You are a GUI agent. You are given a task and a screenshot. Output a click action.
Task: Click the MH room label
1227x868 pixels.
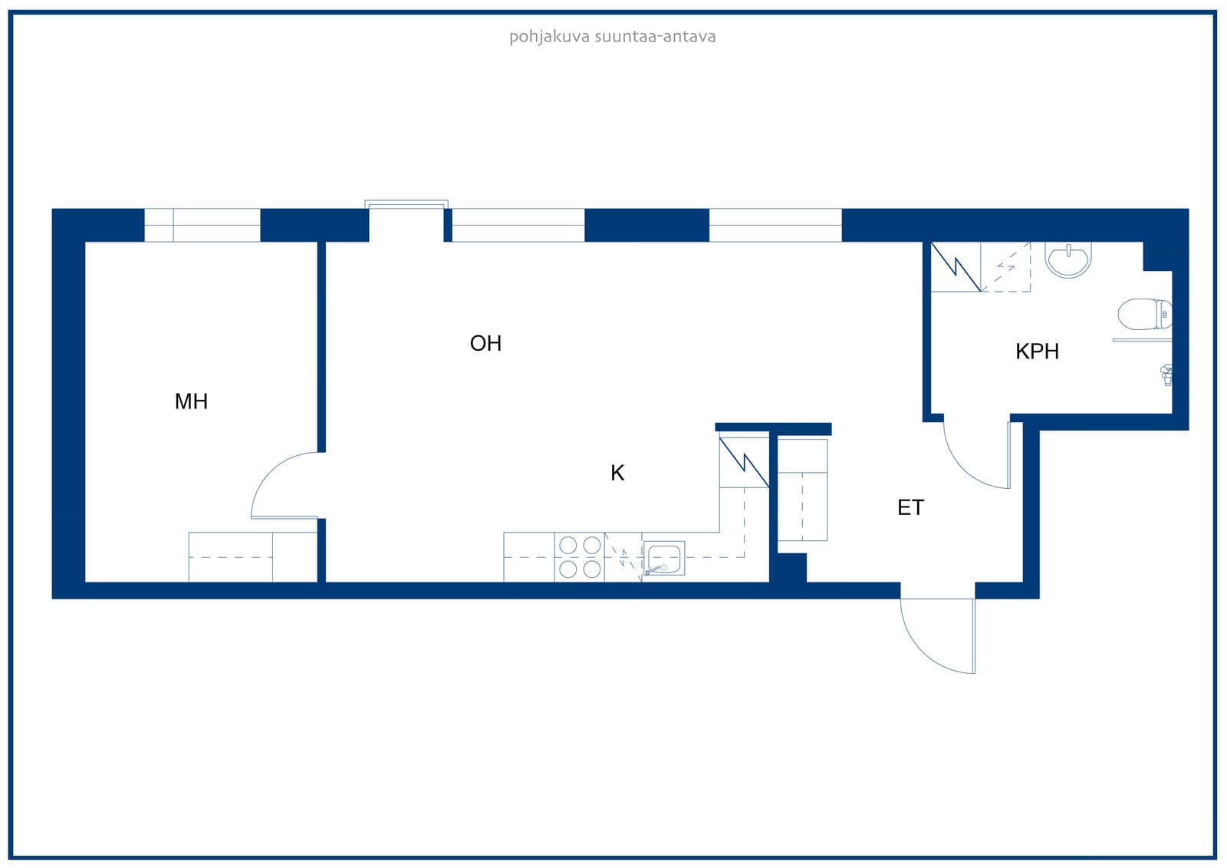(x=191, y=401)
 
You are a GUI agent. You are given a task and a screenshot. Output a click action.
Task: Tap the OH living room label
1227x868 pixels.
(x=486, y=343)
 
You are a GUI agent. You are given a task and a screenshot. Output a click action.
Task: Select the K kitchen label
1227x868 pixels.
(x=617, y=473)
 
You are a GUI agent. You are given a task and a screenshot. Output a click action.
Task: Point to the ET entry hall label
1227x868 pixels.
(x=910, y=508)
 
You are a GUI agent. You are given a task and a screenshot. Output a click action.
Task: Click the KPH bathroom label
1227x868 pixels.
(x=1037, y=351)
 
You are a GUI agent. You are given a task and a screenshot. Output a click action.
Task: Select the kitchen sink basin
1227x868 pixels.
(x=664, y=558)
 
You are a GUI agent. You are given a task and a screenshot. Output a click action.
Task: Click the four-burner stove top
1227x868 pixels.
(x=580, y=556)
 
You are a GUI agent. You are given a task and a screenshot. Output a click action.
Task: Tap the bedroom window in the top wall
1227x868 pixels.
(x=202, y=225)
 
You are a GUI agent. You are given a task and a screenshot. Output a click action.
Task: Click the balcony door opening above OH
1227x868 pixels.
(x=406, y=221)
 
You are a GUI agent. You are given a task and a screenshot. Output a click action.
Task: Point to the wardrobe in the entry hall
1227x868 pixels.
(x=802, y=490)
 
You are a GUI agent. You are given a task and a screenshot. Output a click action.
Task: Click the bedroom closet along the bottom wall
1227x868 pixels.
(x=253, y=557)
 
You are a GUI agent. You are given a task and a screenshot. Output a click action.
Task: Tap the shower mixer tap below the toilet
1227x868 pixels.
(x=1166, y=375)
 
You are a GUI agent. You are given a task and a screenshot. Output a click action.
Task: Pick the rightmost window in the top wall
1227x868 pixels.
(x=775, y=225)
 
